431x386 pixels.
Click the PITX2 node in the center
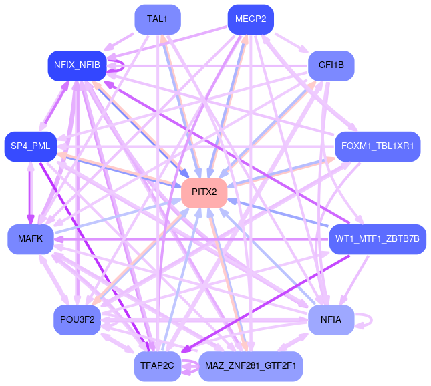[x=204, y=192]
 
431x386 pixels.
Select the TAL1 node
[x=157, y=19]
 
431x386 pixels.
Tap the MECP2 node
[x=251, y=19]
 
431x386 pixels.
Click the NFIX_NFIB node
[x=78, y=65]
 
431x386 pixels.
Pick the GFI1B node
[x=331, y=65]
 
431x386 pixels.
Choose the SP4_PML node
[x=31, y=146]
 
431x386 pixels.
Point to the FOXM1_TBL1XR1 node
[x=377, y=146]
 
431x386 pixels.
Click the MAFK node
[x=31, y=238]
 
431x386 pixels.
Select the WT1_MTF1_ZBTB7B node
[x=377, y=238]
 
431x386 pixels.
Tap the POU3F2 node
[x=77, y=320]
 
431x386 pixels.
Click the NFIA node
[x=331, y=320]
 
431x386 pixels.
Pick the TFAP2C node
[x=157, y=365]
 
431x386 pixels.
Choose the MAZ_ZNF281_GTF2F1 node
[x=251, y=365]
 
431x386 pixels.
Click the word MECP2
[x=251, y=19]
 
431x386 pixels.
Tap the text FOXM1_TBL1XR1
[x=377, y=146]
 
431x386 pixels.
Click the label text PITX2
[x=204, y=192]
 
